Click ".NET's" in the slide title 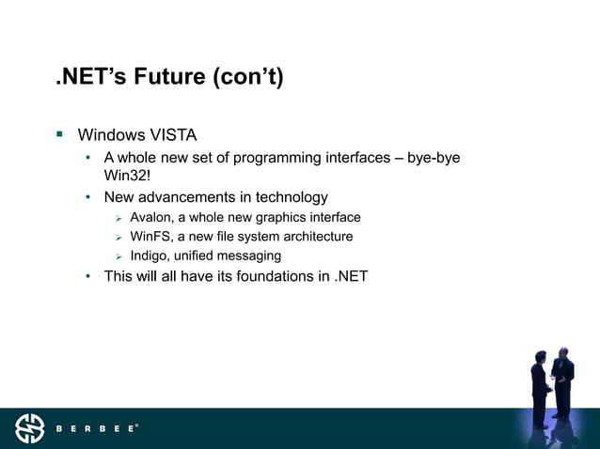(87, 77)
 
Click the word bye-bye (434, 157)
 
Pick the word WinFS (150, 237)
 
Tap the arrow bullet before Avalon (119, 218)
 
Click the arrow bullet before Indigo (119, 255)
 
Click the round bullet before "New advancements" (88, 197)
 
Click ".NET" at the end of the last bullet (351, 276)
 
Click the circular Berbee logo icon (29, 428)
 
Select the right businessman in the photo (562, 380)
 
